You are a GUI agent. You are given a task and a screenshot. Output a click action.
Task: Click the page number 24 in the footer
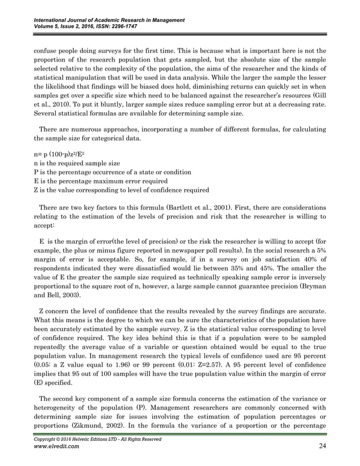point(322,447)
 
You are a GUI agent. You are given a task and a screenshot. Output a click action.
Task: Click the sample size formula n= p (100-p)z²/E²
point(61,153)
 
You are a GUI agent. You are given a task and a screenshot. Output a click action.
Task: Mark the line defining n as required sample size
point(76,162)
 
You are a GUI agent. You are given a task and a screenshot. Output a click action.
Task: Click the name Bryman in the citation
point(313,285)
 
